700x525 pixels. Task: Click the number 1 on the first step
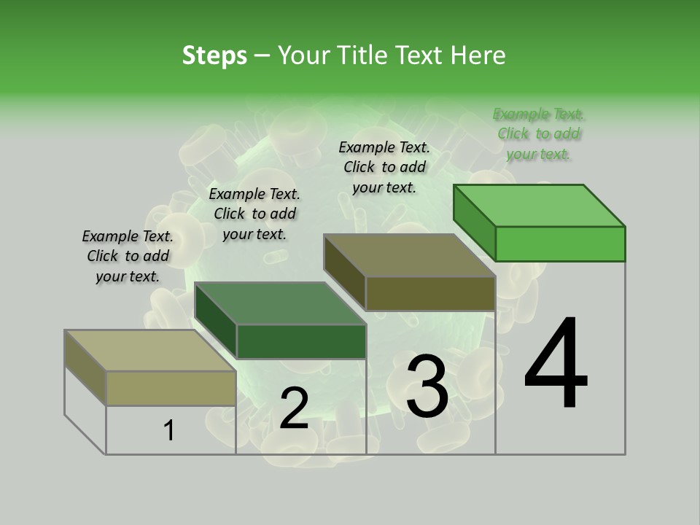(169, 431)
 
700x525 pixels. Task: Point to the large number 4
(556, 365)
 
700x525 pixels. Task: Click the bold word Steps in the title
(214, 55)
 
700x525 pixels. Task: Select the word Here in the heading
(478, 55)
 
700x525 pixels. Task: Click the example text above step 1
(128, 256)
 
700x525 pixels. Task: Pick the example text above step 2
(254, 214)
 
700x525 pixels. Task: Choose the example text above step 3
(384, 167)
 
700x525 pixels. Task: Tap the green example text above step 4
(539, 134)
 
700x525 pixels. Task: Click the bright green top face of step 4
(540, 205)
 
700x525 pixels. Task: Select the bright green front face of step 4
(560, 244)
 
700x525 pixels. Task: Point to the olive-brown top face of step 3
(409, 255)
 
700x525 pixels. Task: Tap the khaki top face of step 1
(149, 350)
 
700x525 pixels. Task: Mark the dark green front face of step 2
(301, 341)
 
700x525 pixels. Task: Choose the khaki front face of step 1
(171, 388)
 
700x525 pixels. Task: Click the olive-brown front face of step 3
(430, 293)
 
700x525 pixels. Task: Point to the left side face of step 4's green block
(474, 222)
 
